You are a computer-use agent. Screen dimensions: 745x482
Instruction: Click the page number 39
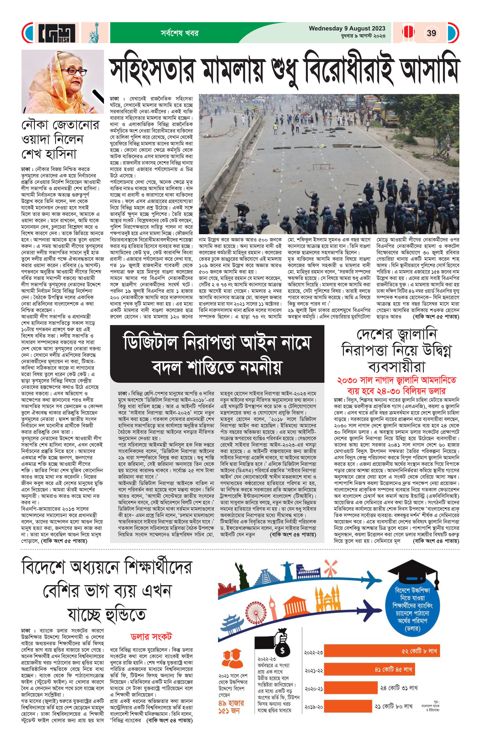click(x=431, y=33)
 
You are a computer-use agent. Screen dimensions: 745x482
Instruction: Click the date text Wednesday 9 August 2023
click(x=347, y=28)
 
